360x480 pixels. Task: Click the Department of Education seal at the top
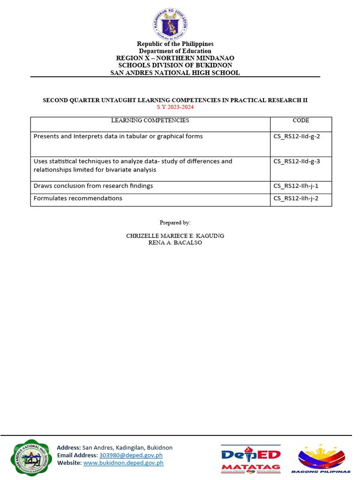pos(174,24)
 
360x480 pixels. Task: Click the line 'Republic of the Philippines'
pos(175,44)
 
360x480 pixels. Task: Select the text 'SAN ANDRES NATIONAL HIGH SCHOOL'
pos(175,73)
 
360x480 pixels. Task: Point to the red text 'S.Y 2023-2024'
pos(175,107)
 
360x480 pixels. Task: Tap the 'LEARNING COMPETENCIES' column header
pos(150,120)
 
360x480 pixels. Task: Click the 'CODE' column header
pos(300,120)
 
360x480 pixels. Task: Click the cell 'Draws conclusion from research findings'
pos(93,186)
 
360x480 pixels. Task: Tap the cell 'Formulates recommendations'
pos(78,198)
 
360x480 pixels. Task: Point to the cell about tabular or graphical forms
pos(118,136)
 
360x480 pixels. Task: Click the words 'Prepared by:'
pos(175,223)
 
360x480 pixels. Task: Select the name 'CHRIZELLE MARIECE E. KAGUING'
pos(175,236)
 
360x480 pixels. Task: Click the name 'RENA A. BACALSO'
pos(175,243)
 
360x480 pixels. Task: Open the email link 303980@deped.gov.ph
pos(131,455)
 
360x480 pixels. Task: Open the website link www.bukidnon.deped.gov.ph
pos(123,463)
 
